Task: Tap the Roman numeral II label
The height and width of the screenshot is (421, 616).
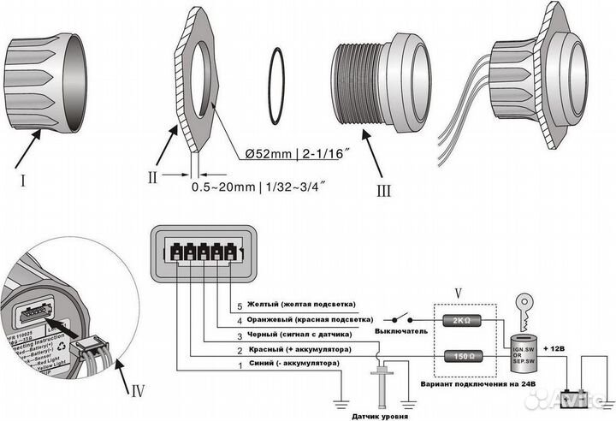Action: [152, 178]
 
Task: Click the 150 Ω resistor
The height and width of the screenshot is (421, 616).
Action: [460, 354]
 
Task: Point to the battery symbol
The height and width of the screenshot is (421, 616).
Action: [568, 396]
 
